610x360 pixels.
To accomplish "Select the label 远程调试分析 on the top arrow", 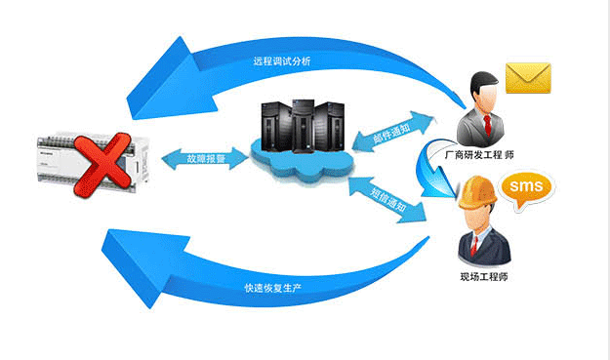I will pyautogui.click(x=282, y=61).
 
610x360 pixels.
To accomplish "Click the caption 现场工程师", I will pyautogui.click(x=484, y=277).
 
